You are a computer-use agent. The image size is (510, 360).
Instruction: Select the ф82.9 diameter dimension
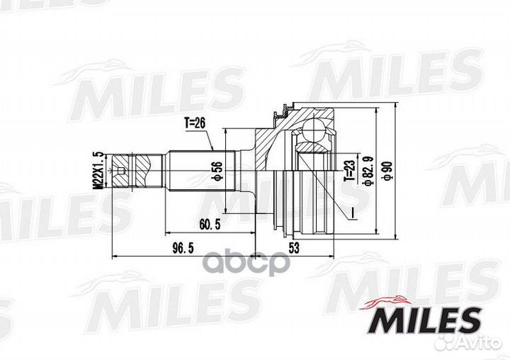point(366,170)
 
